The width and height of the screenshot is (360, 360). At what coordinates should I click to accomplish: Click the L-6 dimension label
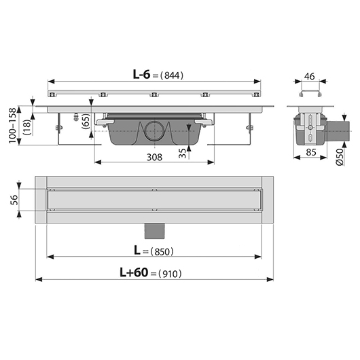pyautogui.click(x=141, y=75)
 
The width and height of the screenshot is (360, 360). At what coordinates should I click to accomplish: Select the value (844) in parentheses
pyautogui.click(x=172, y=75)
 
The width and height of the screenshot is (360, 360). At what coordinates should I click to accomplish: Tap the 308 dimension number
pyautogui.click(x=154, y=158)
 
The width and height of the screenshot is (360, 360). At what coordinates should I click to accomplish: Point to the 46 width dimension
pyautogui.click(x=309, y=77)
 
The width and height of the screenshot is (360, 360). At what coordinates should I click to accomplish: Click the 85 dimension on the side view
pyautogui.click(x=311, y=152)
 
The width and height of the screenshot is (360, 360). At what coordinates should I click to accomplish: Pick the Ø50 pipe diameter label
pyautogui.click(x=340, y=157)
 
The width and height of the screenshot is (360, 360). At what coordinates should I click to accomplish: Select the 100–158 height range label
pyautogui.click(x=13, y=126)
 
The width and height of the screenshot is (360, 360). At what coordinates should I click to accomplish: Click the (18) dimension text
pyautogui.click(x=27, y=127)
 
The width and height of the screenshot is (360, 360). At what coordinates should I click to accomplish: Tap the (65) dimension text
pyautogui.click(x=86, y=121)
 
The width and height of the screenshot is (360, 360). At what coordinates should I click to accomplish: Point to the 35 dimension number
pyautogui.click(x=182, y=153)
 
